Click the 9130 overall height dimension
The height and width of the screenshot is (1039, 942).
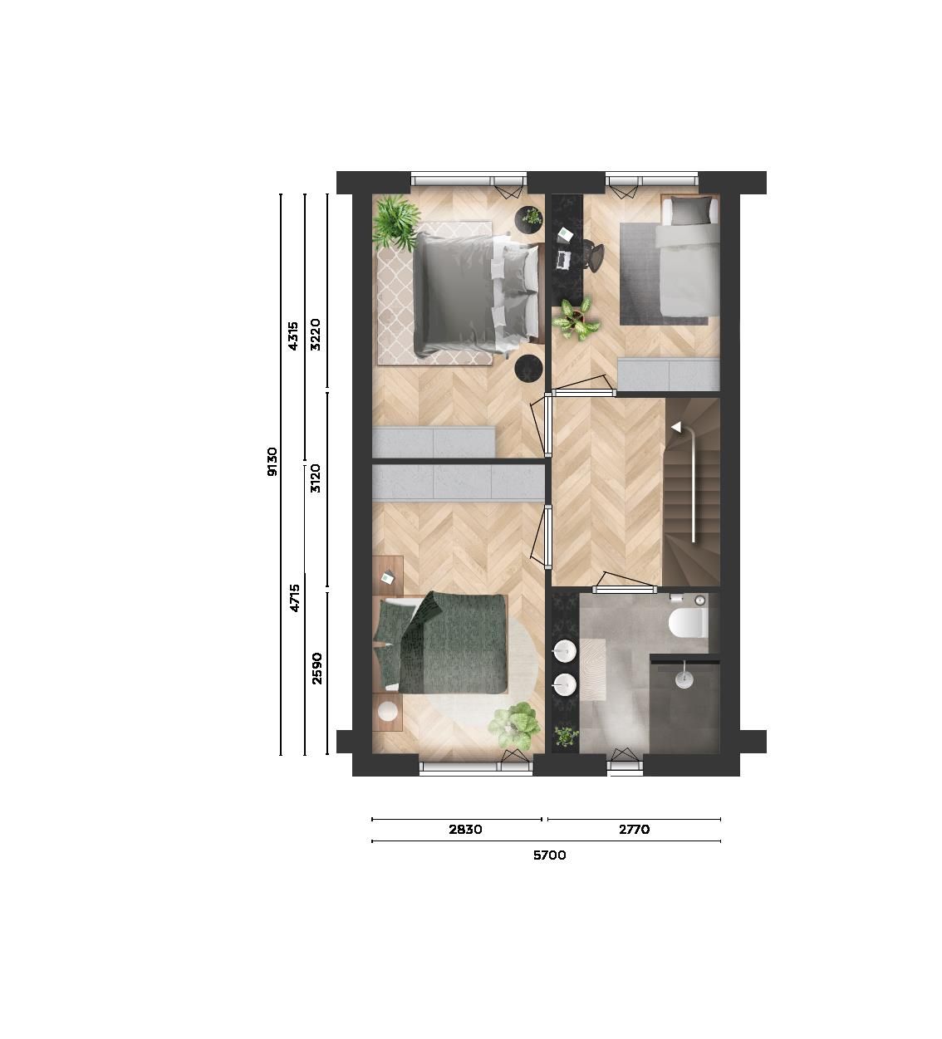pos(272,462)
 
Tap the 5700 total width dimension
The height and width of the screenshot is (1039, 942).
pos(549,855)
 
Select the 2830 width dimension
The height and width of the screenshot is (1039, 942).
pos(464,829)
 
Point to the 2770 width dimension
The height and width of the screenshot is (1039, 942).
pos(633,829)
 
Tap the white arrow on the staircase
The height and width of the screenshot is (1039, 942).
pos(676,427)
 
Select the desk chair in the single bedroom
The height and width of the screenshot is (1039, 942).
pos(593,254)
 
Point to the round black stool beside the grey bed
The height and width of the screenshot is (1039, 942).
pos(528,368)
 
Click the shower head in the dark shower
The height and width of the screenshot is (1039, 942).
pos(683,679)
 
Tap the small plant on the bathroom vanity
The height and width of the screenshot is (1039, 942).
pos(566,736)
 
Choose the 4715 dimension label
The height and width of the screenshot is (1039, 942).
pos(295,597)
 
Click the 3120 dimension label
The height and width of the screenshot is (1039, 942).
pos(316,478)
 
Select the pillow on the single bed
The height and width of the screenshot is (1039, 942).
pos(686,213)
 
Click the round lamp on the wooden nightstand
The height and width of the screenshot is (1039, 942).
pos(388,712)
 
